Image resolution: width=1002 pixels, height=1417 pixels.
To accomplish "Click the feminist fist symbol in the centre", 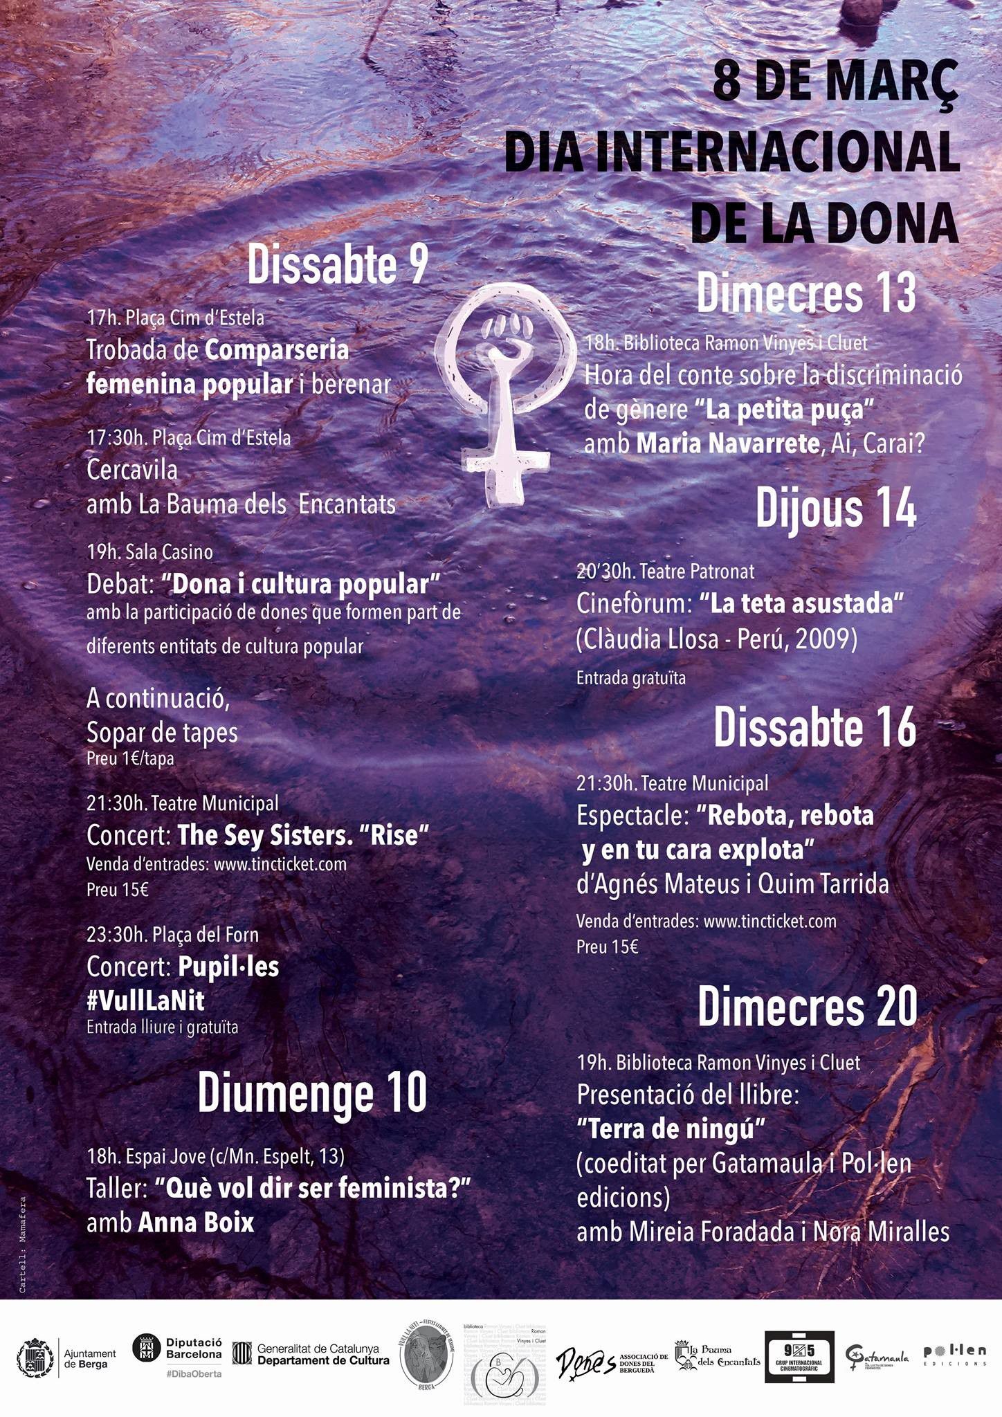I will pyautogui.click(x=509, y=394).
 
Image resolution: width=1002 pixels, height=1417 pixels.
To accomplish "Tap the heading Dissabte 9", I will pyautogui.click(x=338, y=264).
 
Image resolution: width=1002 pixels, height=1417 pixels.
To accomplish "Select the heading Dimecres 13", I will pyautogui.click(x=805, y=293).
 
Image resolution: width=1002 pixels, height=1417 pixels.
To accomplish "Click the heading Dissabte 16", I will pyautogui.click(x=814, y=728).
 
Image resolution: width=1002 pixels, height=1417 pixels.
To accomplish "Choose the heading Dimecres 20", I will pyautogui.click(x=807, y=1007).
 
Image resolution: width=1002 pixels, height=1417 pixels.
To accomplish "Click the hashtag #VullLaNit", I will pyautogui.click(x=145, y=1000).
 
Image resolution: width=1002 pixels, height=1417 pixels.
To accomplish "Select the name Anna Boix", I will pyautogui.click(x=197, y=1223).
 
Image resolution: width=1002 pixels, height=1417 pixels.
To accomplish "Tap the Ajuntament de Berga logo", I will pyautogui.click(x=66, y=1359).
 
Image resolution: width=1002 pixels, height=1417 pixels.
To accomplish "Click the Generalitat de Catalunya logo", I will pyautogui.click(x=311, y=1354).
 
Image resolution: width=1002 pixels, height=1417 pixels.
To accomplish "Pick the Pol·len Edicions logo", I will pyautogui.click(x=954, y=1355).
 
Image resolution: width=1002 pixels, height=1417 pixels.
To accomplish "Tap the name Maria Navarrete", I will pyautogui.click(x=727, y=444).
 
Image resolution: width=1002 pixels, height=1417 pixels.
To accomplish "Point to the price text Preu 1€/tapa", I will pyautogui.click(x=130, y=759).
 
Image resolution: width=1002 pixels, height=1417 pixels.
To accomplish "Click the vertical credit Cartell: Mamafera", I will pyautogui.click(x=22, y=1245).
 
